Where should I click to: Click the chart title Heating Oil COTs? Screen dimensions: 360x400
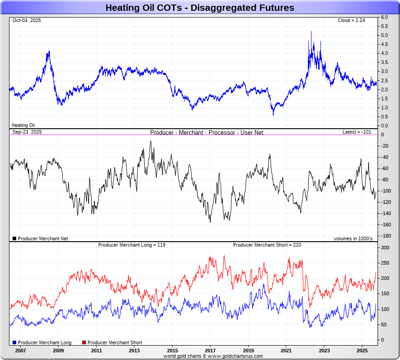pyautogui.click(x=200, y=8)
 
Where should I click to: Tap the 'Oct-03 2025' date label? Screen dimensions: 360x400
pyautogui.click(x=27, y=20)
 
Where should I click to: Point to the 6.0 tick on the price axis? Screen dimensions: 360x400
pyautogui.click(x=384, y=17)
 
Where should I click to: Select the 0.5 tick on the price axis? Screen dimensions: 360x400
pyautogui.click(x=384, y=117)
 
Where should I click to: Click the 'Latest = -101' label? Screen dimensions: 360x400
pyautogui.click(x=356, y=132)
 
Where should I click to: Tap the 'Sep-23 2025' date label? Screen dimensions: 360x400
pyautogui.click(x=27, y=132)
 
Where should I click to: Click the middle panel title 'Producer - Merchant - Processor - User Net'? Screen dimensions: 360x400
pyautogui.click(x=207, y=132)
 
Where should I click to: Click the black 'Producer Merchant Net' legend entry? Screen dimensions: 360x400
pyautogui.click(x=40, y=238)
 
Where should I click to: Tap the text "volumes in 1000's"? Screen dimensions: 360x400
pyautogui.click(x=353, y=238)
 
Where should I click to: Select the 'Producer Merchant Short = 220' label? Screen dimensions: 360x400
pyautogui.click(x=267, y=245)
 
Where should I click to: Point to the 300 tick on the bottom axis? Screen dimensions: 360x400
pyautogui.click(x=385, y=247)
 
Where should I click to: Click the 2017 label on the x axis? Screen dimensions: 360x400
pyautogui.click(x=210, y=350)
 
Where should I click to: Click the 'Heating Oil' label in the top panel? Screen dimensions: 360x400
pyautogui.click(x=23, y=125)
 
